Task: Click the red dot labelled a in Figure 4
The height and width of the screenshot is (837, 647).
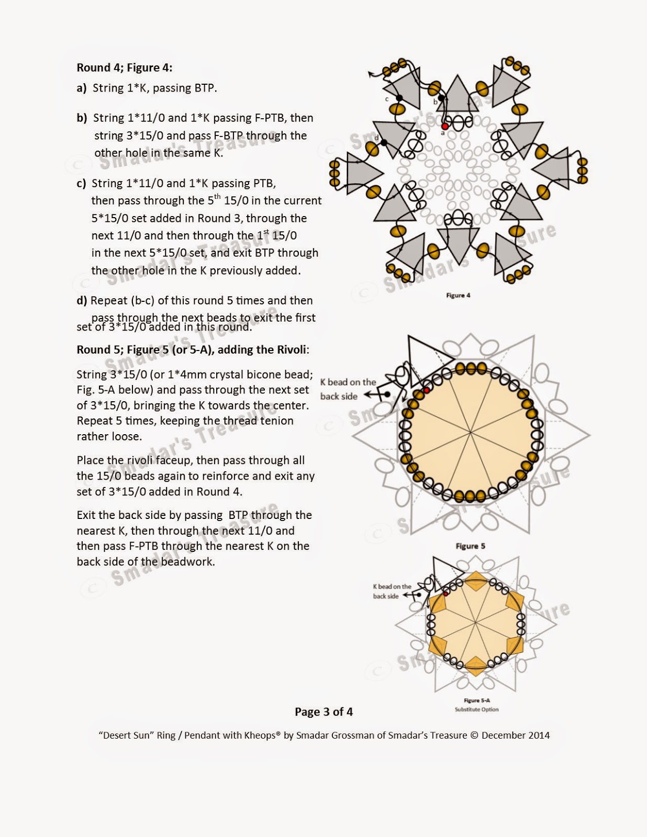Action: tap(444, 126)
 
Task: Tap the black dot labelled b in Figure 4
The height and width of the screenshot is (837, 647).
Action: tap(441, 98)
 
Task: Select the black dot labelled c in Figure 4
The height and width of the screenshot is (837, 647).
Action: tap(399, 98)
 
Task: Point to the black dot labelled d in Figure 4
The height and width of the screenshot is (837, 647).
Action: tap(384, 142)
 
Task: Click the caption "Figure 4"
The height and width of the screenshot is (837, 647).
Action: tap(458, 296)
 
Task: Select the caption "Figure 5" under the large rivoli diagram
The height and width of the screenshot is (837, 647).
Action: tap(470, 546)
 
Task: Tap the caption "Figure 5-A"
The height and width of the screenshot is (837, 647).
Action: tap(476, 700)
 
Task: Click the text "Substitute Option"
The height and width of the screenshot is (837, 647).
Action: tap(476, 710)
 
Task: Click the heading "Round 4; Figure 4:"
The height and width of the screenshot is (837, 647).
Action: tap(124, 67)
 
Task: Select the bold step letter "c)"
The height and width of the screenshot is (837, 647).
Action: tap(81, 184)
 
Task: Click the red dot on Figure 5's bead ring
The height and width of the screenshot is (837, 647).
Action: tap(427, 390)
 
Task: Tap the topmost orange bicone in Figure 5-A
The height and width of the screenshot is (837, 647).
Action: tap(475, 579)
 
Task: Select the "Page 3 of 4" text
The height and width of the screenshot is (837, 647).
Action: tap(323, 712)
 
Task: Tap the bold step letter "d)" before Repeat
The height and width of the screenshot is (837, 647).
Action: tap(82, 301)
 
